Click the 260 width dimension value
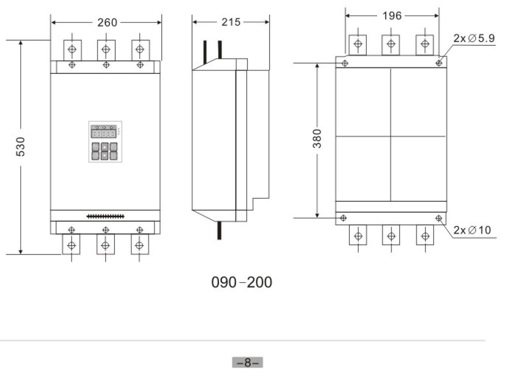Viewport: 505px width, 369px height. pyautogui.click(x=107, y=22)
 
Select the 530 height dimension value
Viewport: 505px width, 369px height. pyautogui.click(x=20, y=147)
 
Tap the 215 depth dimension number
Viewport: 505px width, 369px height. pyautogui.click(x=231, y=22)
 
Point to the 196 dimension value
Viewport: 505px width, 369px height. pyautogui.click(x=392, y=16)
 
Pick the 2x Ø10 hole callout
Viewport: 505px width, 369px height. pyautogui.click(x=472, y=230)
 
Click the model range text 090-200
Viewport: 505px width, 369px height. pyautogui.click(x=242, y=282)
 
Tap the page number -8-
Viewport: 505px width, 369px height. pyautogui.click(x=247, y=363)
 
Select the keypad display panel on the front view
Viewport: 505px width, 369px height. pyautogui.click(x=105, y=142)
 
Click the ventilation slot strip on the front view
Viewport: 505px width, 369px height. pyautogui.click(x=105, y=217)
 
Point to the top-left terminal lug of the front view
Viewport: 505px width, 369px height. pyautogui.click(x=72, y=49)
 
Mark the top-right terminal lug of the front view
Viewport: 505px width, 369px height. pyautogui.click(x=140, y=49)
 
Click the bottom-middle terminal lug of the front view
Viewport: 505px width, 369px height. pyautogui.click(x=105, y=245)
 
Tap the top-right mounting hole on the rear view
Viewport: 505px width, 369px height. pyautogui.click(x=439, y=63)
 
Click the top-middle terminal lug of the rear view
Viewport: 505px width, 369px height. pyautogui.click(x=391, y=44)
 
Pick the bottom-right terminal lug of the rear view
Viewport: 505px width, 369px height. pyautogui.click(x=425, y=235)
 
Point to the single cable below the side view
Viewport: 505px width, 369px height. pyautogui.click(x=219, y=231)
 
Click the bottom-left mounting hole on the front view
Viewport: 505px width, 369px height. pyautogui.click(x=71, y=230)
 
